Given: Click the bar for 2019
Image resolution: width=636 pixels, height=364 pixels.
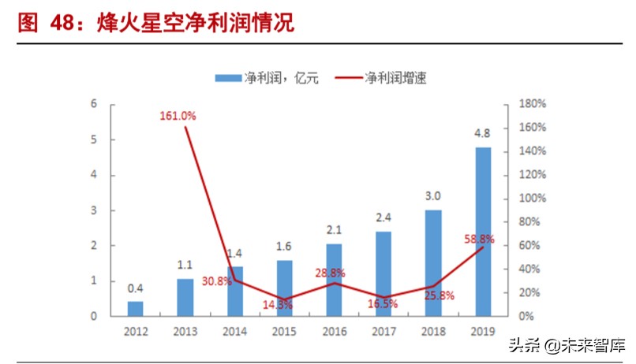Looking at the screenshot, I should tap(482, 232).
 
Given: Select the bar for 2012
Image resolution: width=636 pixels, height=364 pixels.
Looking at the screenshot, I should tap(136, 309).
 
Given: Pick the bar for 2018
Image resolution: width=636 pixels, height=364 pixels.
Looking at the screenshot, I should tap(433, 263).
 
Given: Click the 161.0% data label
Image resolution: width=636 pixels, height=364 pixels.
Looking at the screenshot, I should tap(178, 116).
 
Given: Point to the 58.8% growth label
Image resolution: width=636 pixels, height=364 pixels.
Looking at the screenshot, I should tap(478, 239).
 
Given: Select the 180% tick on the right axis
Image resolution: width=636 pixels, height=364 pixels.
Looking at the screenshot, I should tap(533, 104).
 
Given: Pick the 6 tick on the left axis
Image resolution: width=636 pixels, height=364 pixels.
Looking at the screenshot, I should tap(94, 104).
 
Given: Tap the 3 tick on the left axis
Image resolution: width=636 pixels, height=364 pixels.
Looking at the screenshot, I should tap(94, 210).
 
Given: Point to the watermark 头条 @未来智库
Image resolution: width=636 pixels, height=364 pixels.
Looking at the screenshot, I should tap(567, 345).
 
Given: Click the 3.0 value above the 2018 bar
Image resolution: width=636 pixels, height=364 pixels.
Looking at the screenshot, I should tap(433, 195).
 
